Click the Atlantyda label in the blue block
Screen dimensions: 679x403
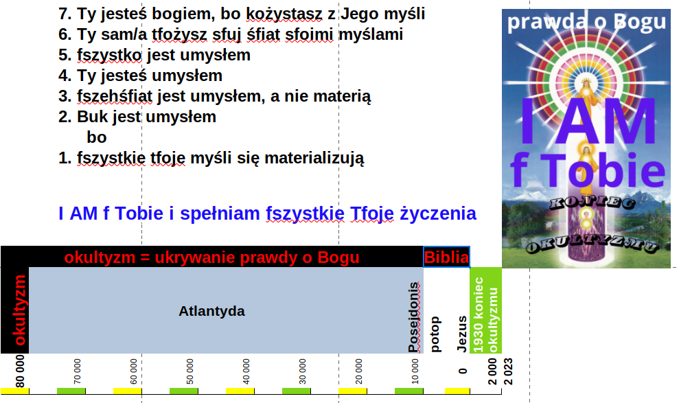click(x=211, y=311)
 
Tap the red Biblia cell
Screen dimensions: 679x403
click(x=446, y=257)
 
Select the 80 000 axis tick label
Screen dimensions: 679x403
click(x=20, y=371)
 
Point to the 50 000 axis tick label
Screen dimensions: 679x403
click(x=189, y=371)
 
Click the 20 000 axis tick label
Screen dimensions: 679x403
click(x=358, y=371)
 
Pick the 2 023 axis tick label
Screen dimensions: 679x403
click(x=507, y=371)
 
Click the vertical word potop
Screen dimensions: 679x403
click(x=435, y=334)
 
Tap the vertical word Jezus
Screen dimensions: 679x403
click(x=462, y=334)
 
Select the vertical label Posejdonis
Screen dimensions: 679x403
click(x=414, y=317)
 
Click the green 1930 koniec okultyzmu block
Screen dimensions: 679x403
click(x=485, y=310)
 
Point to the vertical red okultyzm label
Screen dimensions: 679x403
click(x=21, y=310)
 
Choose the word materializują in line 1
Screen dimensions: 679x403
click(x=314, y=158)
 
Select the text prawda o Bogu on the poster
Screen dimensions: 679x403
click(x=586, y=22)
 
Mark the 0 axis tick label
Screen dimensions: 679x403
click(x=463, y=371)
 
